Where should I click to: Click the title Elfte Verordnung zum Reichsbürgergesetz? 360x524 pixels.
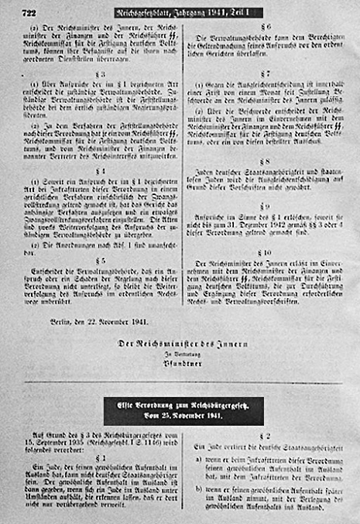[183, 405]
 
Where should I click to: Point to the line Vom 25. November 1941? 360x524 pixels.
[183, 416]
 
